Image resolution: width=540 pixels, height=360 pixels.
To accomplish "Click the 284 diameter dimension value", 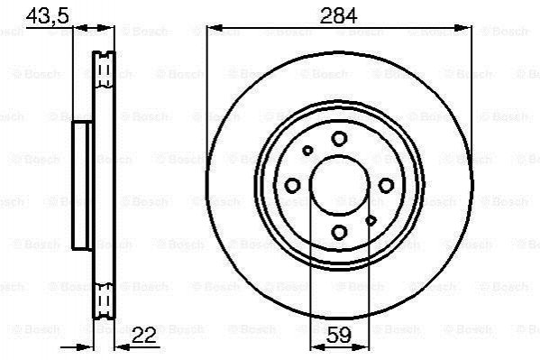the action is (x=339, y=16).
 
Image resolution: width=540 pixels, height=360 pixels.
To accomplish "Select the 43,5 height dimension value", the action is (x=48, y=16).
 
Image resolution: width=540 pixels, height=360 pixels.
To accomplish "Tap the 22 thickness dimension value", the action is (x=144, y=335).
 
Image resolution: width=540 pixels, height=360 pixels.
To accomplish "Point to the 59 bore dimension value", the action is (x=339, y=335).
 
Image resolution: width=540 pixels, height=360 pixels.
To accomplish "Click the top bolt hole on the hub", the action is (x=339, y=139).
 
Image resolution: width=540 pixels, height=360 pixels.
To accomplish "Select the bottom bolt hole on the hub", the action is (x=340, y=232).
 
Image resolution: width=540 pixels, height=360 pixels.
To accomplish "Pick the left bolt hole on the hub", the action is (x=293, y=186).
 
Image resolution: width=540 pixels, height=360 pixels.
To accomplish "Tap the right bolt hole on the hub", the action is (x=386, y=186).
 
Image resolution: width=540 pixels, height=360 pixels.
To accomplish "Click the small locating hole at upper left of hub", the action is (x=307, y=151).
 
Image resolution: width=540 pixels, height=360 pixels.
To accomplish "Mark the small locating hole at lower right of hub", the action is (x=371, y=220).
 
